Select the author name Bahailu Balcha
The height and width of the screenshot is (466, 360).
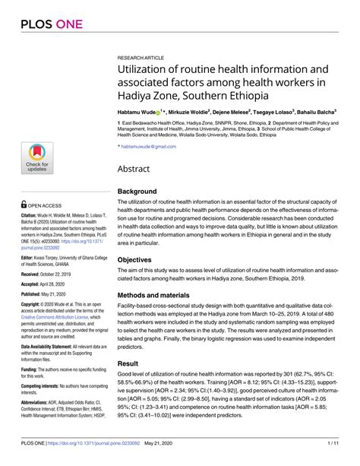pos(312,110)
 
